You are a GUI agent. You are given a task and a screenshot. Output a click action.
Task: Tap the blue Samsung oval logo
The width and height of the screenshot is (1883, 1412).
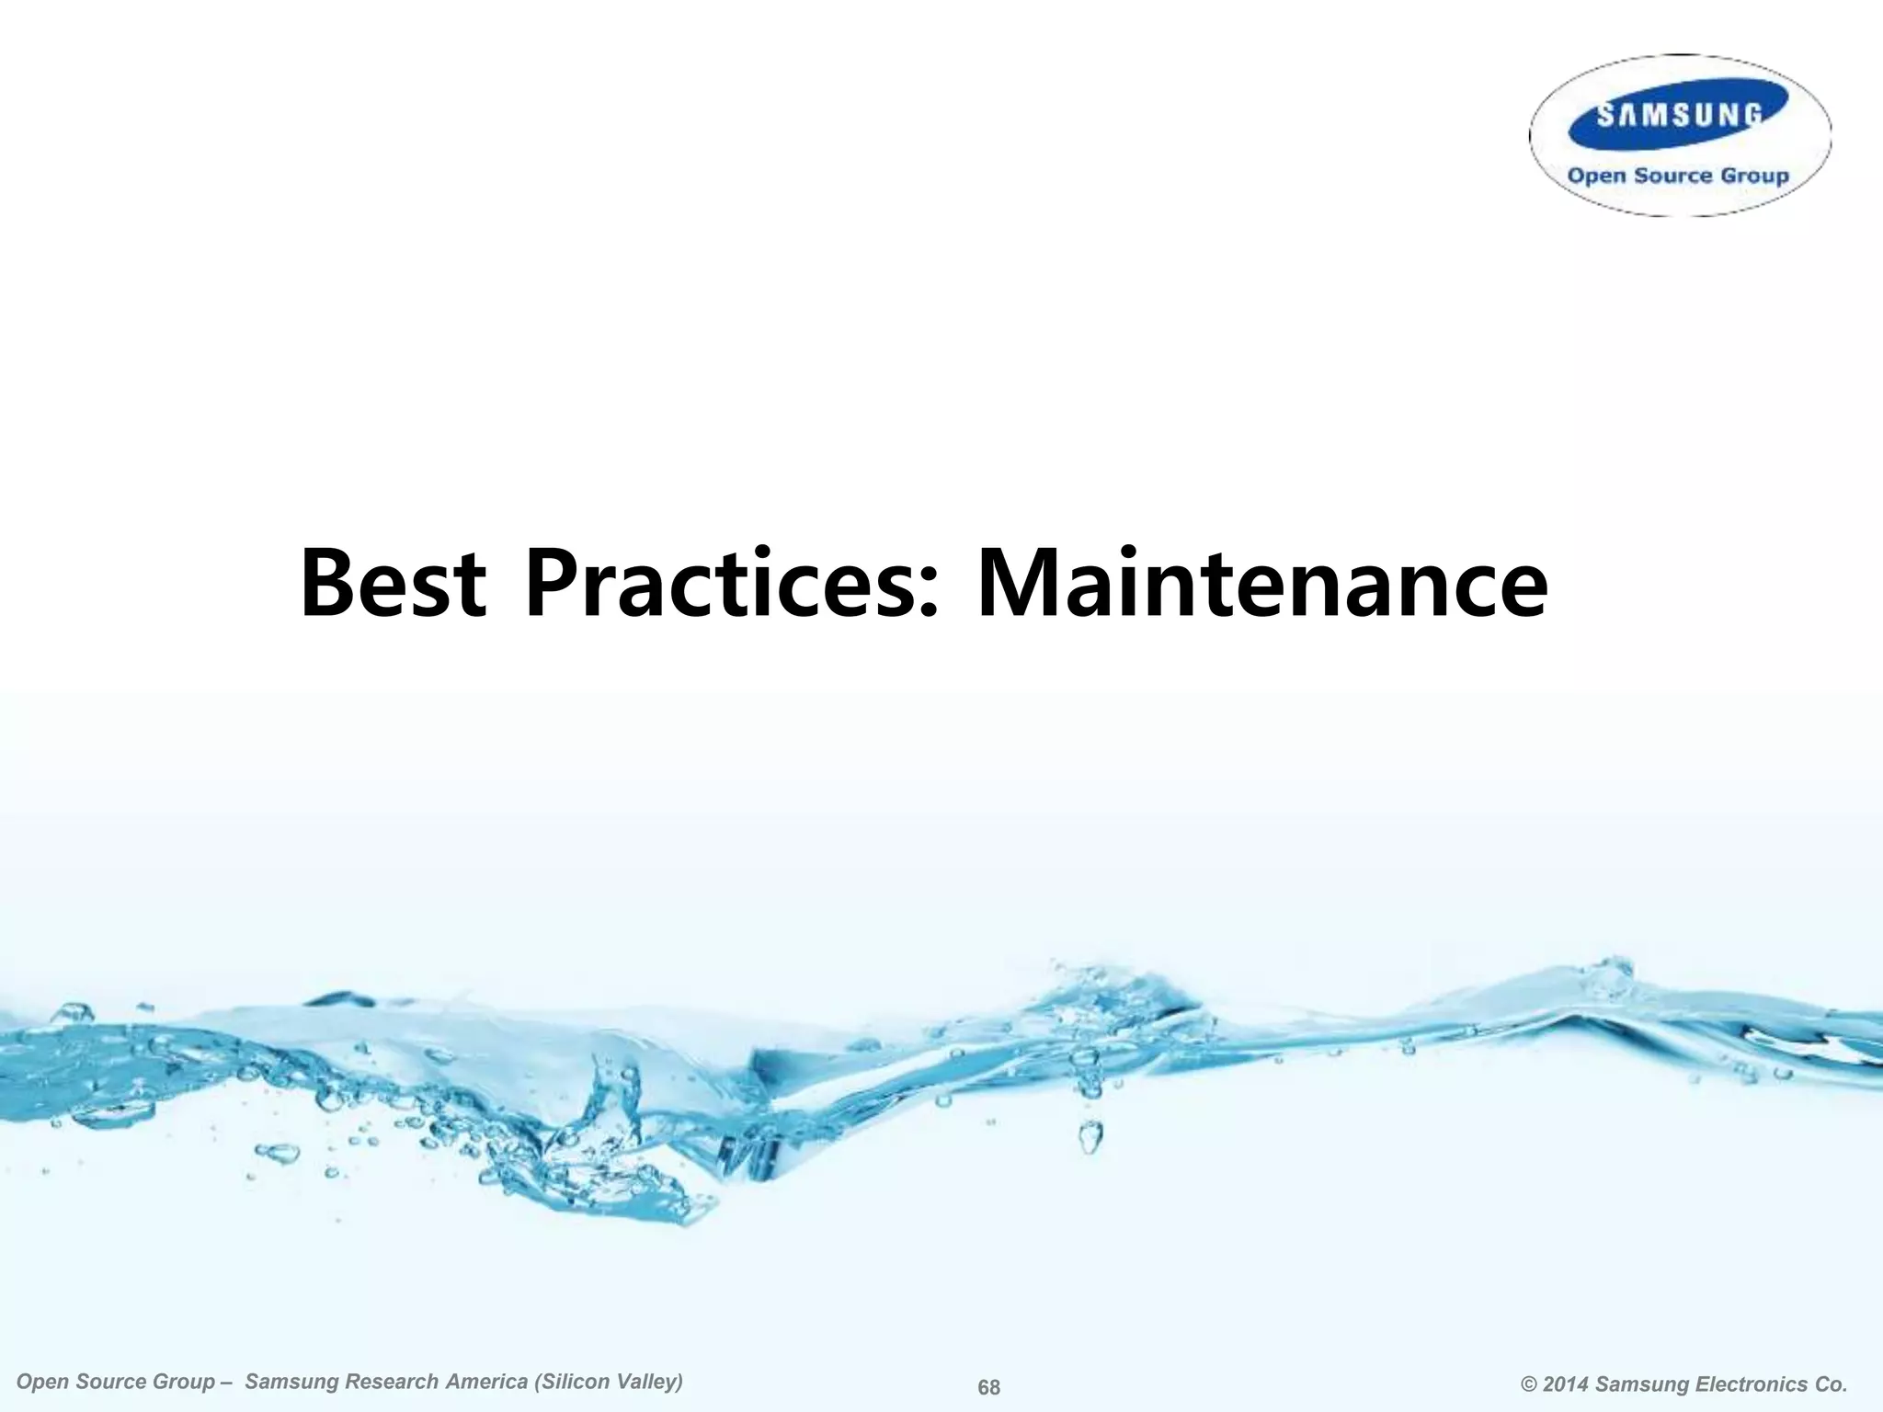tap(1679, 115)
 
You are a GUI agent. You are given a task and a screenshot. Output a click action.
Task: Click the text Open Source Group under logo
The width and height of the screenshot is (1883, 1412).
tap(1678, 176)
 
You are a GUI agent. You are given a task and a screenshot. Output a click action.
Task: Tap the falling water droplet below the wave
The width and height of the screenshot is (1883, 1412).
tap(1090, 1137)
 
